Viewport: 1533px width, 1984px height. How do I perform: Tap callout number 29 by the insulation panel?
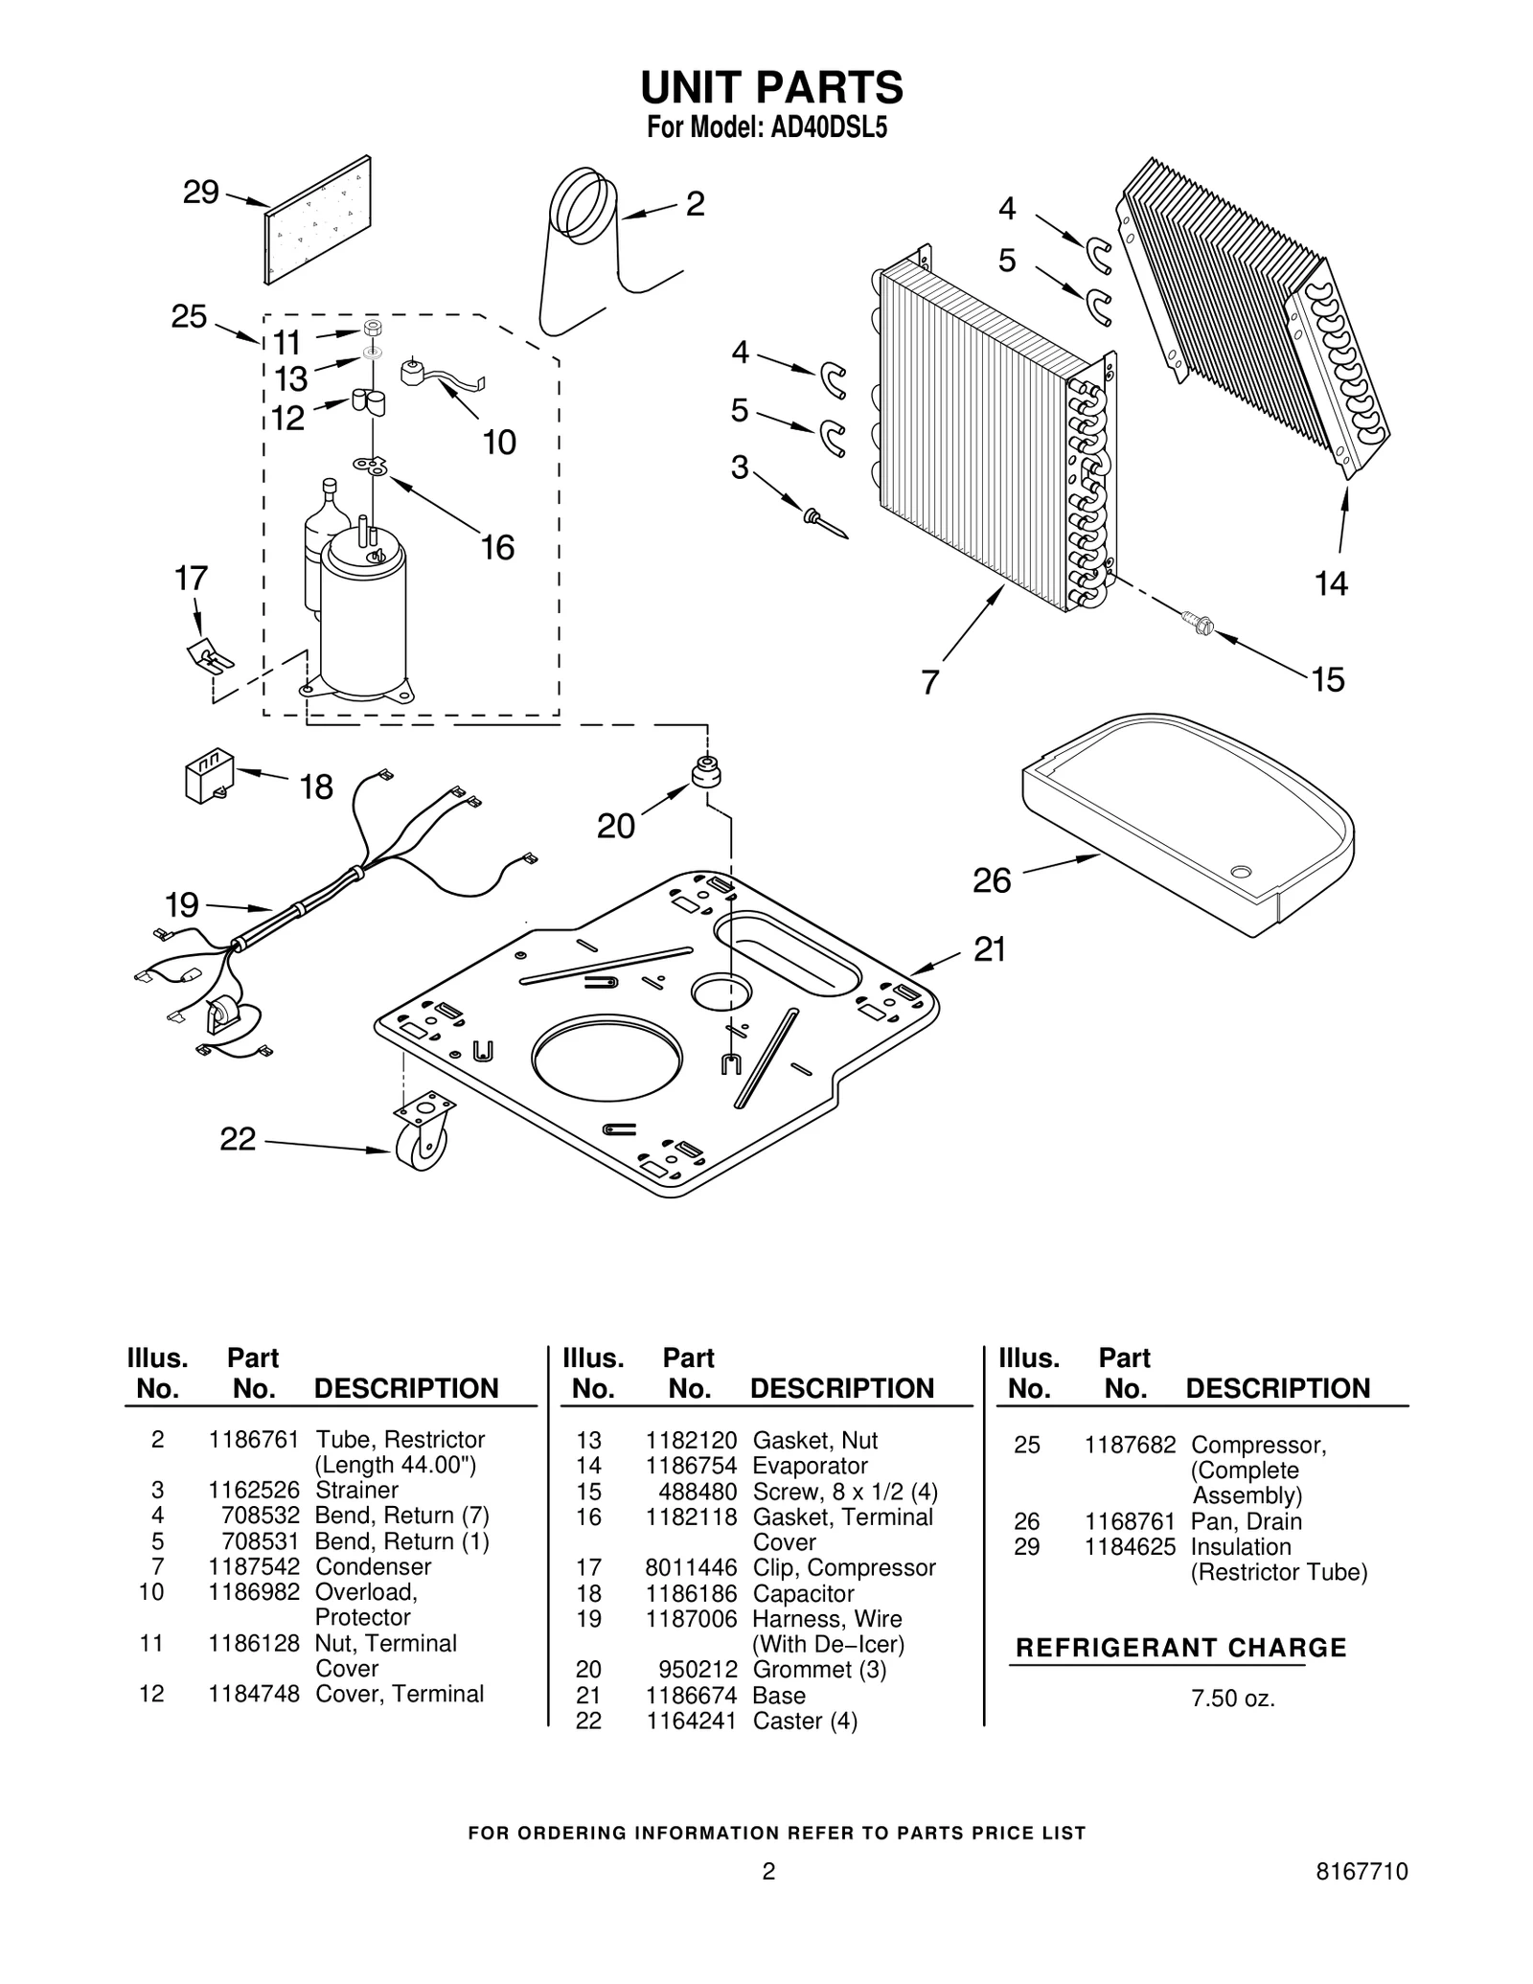click(201, 193)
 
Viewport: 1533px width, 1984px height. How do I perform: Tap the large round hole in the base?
click(607, 1055)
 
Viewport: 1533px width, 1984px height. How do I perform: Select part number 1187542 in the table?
click(254, 1566)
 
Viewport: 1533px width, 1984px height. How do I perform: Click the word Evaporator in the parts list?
click(810, 1466)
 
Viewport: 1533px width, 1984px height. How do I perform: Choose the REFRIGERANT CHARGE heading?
click(1180, 1648)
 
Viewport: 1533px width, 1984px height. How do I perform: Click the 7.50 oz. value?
click(1233, 1699)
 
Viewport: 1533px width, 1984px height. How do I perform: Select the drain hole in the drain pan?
click(1241, 871)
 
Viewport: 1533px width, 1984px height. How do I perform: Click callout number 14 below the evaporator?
click(1331, 582)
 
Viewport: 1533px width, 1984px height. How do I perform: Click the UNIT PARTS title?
click(771, 87)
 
